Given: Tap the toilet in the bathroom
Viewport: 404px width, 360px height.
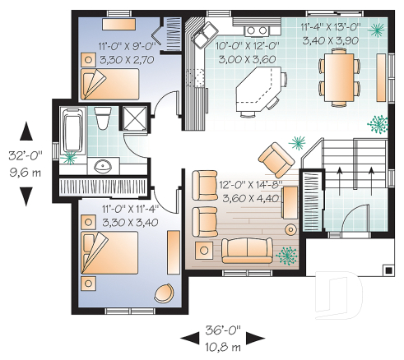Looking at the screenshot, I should [103, 120].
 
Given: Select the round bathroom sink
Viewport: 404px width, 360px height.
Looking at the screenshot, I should [103, 164].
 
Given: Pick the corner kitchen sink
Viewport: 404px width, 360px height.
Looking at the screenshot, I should [200, 35].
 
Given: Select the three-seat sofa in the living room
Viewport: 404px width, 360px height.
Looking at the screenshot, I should [244, 249].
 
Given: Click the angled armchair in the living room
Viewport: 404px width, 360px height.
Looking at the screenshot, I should [273, 155].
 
